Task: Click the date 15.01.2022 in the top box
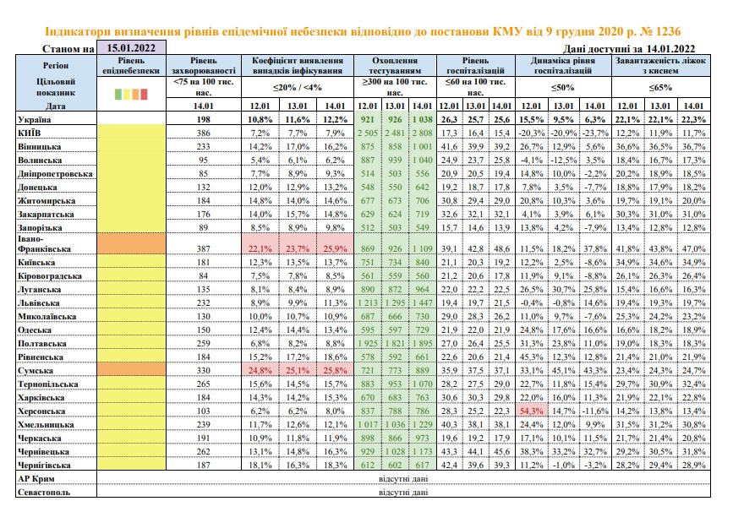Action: [x=131, y=47]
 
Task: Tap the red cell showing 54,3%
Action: [x=532, y=411]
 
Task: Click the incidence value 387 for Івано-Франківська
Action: [x=204, y=248]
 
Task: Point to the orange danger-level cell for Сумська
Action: [x=131, y=370]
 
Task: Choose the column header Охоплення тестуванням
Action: [x=395, y=65]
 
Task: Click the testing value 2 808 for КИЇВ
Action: [x=422, y=133]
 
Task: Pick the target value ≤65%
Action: [x=660, y=87]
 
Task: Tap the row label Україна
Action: [x=34, y=120]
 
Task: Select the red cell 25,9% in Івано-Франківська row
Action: [x=335, y=249]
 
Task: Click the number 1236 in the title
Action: [x=668, y=32]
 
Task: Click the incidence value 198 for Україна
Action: [x=204, y=120]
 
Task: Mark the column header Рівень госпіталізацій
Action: [x=475, y=65]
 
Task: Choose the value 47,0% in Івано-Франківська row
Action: [x=693, y=249]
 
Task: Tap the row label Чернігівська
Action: [x=44, y=466]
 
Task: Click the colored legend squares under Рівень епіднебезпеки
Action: [x=131, y=95]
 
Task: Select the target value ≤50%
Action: [x=563, y=87]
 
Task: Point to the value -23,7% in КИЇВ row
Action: [x=595, y=133]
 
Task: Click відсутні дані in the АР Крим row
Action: [x=403, y=479]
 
